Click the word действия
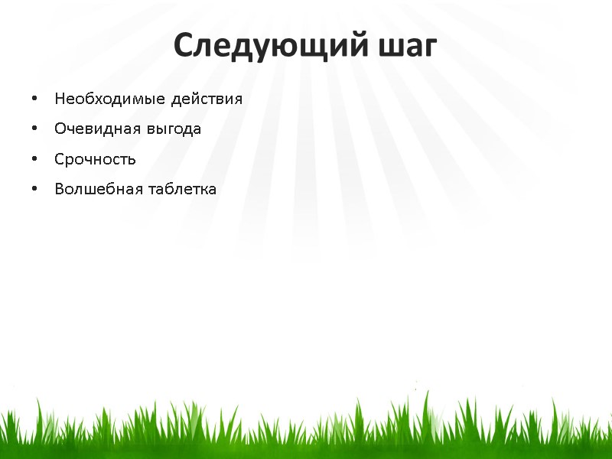coord(207,99)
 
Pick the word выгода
coord(175,129)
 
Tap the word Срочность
coord(95,160)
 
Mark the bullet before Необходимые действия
coord(34,99)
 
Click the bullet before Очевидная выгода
coord(34,129)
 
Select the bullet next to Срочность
coord(34,160)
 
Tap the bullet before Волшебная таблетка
coord(34,189)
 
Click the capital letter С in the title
coord(183,46)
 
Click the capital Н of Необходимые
coord(60,99)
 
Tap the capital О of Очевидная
coord(60,129)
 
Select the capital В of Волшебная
coord(59,189)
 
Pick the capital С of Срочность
coord(59,160)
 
